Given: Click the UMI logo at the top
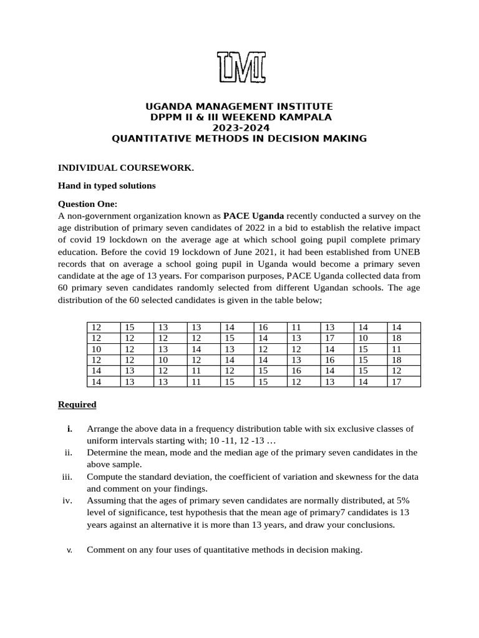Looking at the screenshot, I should [241, 67].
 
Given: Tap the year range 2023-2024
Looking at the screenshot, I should [239, 128].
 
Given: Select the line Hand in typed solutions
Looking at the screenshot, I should [107, 186].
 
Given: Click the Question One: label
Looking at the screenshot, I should [87, 204].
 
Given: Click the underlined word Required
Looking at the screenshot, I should [77, 404].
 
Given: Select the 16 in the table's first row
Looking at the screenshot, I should [263, 327].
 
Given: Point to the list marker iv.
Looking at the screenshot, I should [68, 500].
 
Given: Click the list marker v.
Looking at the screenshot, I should [69, 550].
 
